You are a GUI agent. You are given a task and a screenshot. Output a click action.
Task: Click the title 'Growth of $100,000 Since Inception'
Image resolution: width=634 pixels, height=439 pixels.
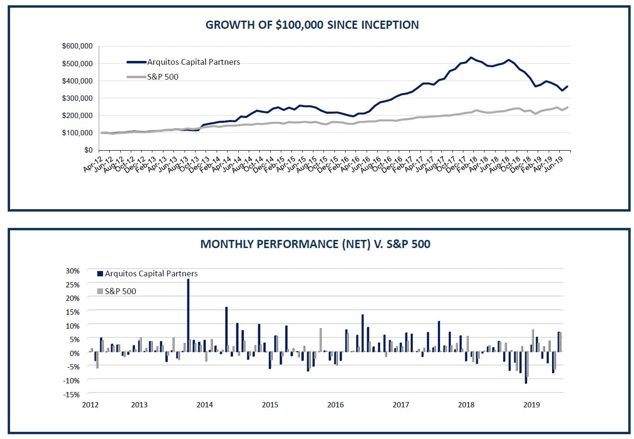[x=312, y=25]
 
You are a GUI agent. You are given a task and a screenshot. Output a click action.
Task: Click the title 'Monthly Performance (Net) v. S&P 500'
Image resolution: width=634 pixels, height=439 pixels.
[x=315, y=244]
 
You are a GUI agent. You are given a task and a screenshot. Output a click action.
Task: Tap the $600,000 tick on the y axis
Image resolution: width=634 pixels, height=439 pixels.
[x=77, y=46]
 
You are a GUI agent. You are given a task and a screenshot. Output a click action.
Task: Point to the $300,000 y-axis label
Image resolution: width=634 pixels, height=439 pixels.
[x=77, y=98]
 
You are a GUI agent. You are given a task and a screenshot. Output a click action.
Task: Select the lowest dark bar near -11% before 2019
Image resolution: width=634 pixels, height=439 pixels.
[x=526, y=368]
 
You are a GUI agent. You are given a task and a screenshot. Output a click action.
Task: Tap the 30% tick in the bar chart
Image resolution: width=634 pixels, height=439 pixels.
[x=73, y=271]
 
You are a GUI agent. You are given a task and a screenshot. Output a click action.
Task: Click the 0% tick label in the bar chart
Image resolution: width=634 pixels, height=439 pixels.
[x=75, y=353]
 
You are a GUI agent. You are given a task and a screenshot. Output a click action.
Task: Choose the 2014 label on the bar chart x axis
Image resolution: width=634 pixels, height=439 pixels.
[x=205, y=404]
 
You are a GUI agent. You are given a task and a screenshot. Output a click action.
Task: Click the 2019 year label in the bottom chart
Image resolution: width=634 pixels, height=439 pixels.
[x=531, y=404]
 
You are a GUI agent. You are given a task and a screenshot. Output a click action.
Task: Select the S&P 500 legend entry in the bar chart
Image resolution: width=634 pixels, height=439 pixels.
[x=120, y=291]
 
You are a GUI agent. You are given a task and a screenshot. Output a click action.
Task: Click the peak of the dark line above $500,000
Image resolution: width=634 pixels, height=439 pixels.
[x=471, y=58]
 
